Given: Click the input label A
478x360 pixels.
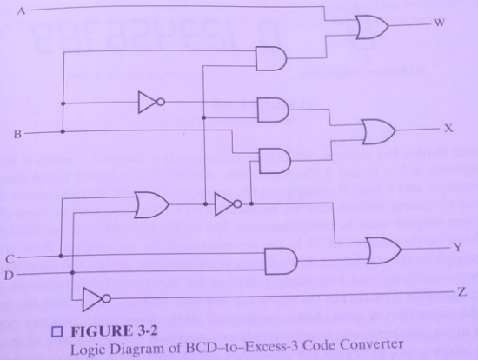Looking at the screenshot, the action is [21, 11].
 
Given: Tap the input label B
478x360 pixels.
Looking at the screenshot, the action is [17, 134].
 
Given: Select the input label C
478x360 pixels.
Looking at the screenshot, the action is [10, 259].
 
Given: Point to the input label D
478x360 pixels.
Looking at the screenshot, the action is [9, 276].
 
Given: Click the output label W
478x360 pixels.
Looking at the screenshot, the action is [439, 23].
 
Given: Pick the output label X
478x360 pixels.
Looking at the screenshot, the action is [448, 129].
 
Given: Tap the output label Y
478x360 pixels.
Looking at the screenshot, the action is [457, 247].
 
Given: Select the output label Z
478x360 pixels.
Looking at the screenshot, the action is [462, 292].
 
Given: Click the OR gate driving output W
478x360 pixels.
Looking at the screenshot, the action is [372, 28].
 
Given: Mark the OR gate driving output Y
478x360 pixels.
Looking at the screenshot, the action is [384, 250].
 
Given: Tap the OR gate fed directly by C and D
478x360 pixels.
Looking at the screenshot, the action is [151, 204].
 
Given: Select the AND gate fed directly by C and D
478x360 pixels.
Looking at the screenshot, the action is [281, 261].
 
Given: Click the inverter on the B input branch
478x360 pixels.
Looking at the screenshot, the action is [151, 102].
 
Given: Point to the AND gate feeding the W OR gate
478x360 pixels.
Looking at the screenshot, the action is [271, 58].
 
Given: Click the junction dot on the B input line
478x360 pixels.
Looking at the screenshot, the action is [63, 131].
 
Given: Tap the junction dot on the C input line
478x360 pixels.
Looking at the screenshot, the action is [61, 256].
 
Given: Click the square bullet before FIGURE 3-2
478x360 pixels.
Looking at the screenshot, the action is [57, 332].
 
